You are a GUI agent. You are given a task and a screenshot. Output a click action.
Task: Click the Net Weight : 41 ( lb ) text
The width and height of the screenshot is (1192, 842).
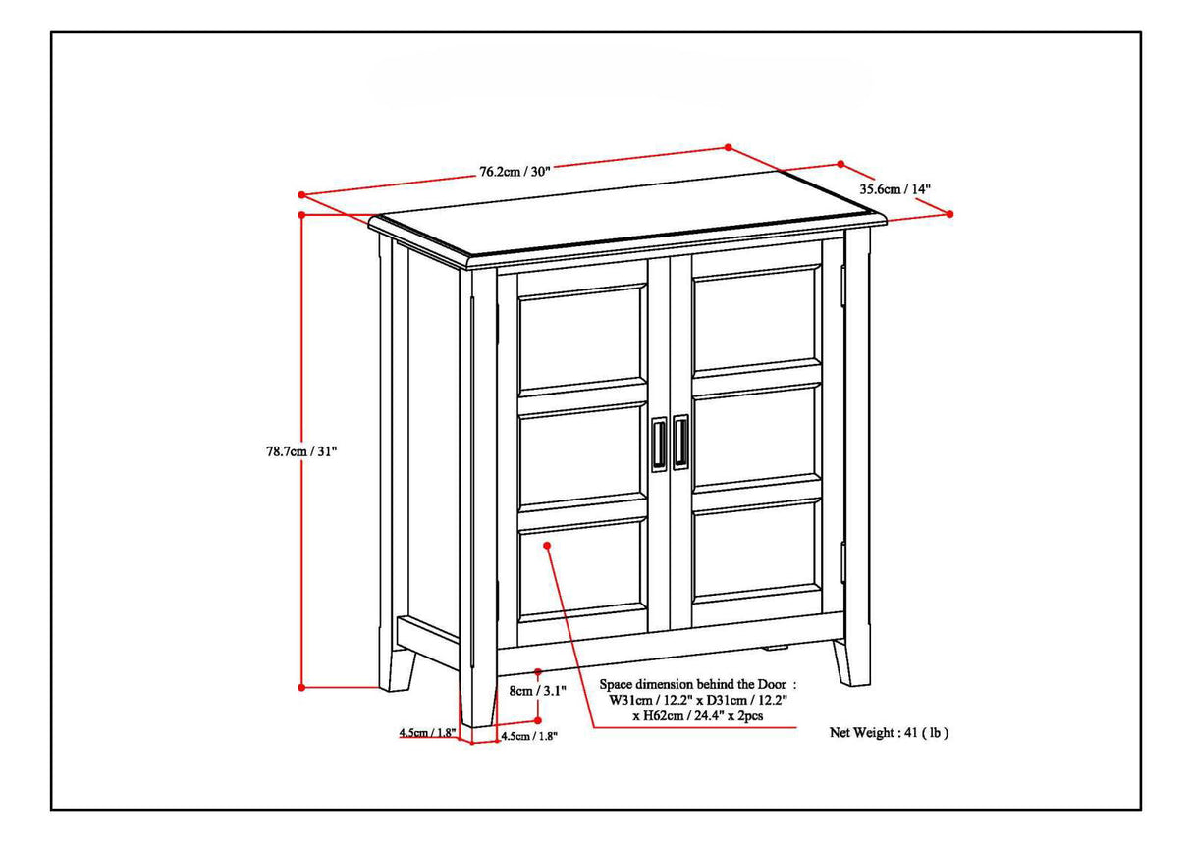(890, 732)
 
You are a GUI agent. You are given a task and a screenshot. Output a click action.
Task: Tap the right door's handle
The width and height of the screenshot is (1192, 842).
(680, 444)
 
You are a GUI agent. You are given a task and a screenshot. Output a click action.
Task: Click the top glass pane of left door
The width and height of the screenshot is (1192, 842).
(581, 340)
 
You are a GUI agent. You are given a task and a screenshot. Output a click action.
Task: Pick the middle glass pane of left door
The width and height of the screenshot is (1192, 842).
(581, 459)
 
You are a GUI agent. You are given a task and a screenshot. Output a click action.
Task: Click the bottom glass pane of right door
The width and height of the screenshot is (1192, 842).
(755, 551)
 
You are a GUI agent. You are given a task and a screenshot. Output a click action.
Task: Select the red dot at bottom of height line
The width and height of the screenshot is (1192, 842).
(302, 687)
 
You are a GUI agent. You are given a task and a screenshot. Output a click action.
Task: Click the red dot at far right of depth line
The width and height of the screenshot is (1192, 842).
(949, 213)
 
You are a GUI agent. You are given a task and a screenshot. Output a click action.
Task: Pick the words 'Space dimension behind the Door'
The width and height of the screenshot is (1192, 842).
(697, 683)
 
